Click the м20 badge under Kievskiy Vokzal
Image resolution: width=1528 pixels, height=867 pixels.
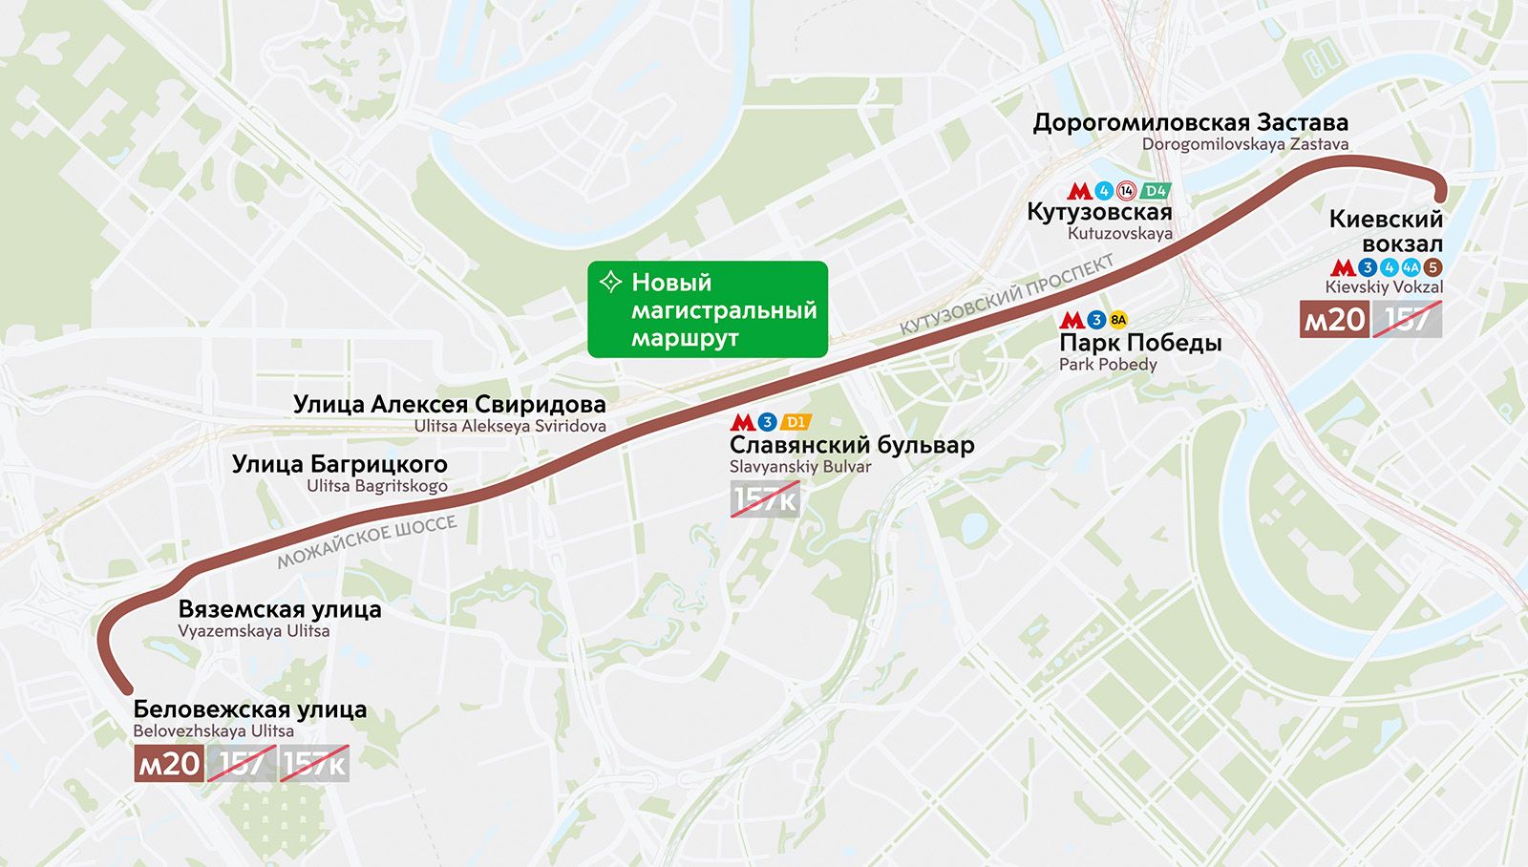coord(1334,319)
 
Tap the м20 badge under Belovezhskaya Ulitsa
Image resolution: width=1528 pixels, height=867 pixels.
coord(168,763)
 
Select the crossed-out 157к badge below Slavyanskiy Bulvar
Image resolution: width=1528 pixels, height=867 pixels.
coord(764,498)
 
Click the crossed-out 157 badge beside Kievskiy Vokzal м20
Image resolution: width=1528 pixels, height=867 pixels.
coord(1407,319)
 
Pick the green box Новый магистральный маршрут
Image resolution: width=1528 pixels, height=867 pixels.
coord(707,309)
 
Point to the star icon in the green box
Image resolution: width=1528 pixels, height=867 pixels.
coord(609,282)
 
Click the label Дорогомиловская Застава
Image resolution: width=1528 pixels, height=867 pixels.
coord(1190,122)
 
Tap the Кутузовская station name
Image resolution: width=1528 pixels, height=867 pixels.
coord(1098,212)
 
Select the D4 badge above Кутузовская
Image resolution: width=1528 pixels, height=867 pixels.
coord(1156,191)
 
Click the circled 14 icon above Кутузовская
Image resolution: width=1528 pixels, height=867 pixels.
coord(1127,191)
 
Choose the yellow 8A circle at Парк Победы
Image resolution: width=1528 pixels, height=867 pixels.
coord(1118,320)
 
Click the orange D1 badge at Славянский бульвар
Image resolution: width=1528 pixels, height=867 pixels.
coord(796,422)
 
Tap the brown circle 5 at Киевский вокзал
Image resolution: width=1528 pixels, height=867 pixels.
coord(1432,267)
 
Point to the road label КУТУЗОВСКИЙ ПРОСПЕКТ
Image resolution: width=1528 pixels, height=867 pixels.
coord(1007,294)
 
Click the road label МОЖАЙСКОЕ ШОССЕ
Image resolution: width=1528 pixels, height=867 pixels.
coord(367,541)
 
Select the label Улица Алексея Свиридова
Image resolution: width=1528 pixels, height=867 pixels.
coord(449,404)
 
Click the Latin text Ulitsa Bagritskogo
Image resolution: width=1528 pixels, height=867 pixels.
coord(376,486)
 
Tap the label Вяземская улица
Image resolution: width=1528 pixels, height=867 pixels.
coord(280,609)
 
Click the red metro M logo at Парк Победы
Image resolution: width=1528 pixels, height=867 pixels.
coord(1072,320)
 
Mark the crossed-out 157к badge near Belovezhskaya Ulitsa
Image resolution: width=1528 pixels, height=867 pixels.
coord(314,763)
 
